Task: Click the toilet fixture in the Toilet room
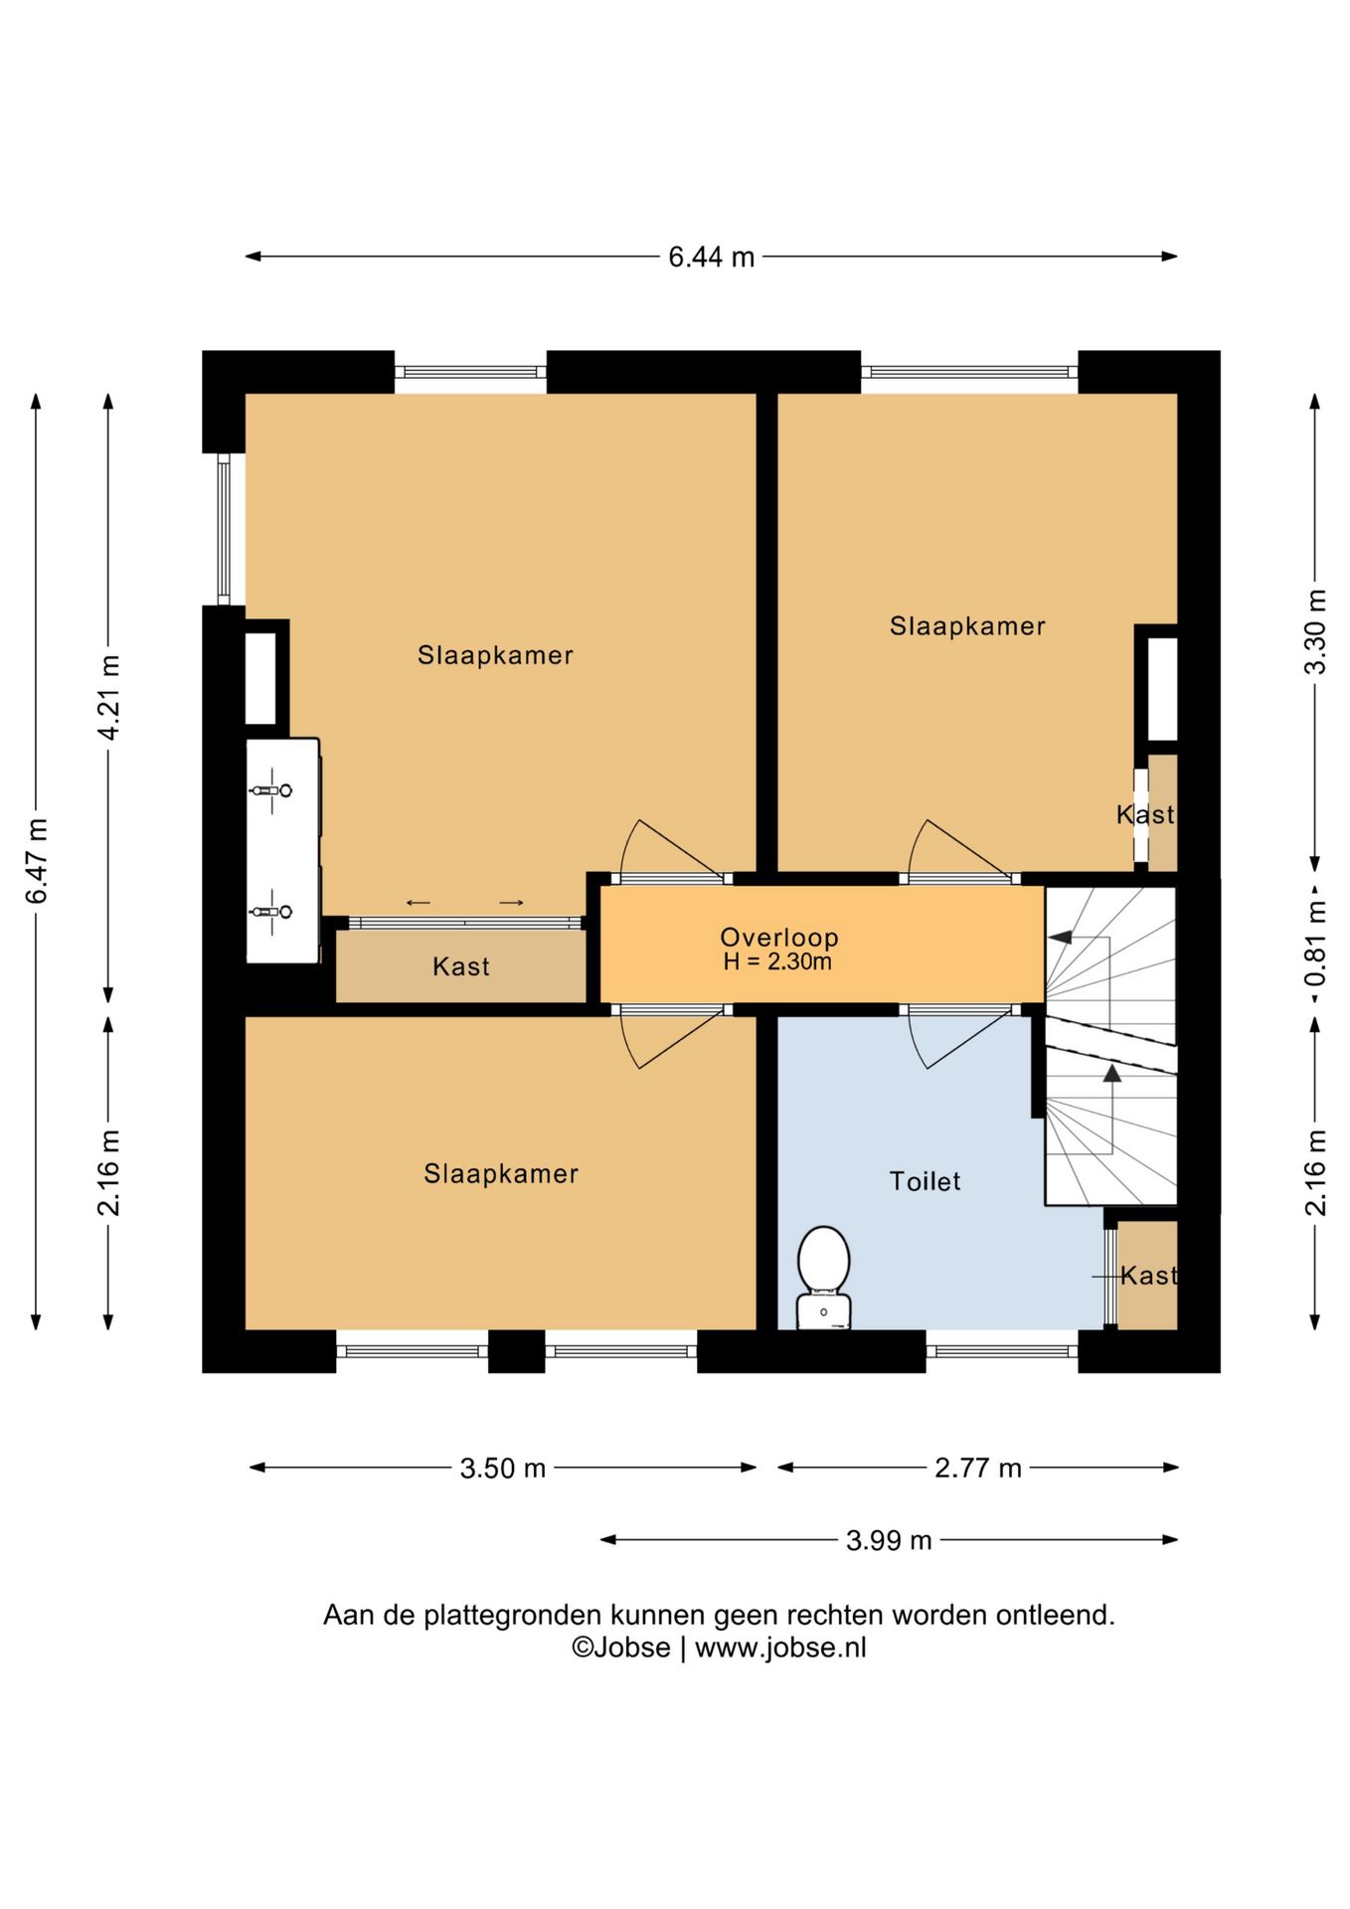pyautogui.click(x=824, y=1278)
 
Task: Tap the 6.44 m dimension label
pyautogui.click(x=711, y=258)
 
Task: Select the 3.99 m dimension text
pyautogui.click(x=889, y=1540)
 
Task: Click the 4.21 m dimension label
pyautogui.click(x=108, y=697)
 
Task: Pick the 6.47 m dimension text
pyautogui.click(x=37, y=861)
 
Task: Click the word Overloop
pyautogui.click(x=779, y=937)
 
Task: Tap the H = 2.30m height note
pyautogui.click(x=777, y=961)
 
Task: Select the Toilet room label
pyautogui.click(x=925, y=1181)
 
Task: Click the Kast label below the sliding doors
pyautogui.click(x=461, y=966)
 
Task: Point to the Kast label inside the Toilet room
pyautogui.click(x=1148, y=1276)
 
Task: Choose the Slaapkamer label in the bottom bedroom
pyautogui.click(x=501, y=1174)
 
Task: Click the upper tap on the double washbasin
pyautogui.click(x=270, y=790)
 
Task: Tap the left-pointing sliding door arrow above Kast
pyautogui.click(x=419, y=903)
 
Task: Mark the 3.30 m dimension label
pyautogui.click(x=1315, y=632)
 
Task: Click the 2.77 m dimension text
pyautogui.click(x=978, y=1468)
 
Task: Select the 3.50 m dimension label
pyautogui.click(x=503, y=1468)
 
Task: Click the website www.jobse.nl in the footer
pyautogui.click(x=780, y=1648)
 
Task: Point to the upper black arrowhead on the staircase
pyautogui.click(x=1060, y=937)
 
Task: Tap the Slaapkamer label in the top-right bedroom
pyautogui.click(x=967, y=626)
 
